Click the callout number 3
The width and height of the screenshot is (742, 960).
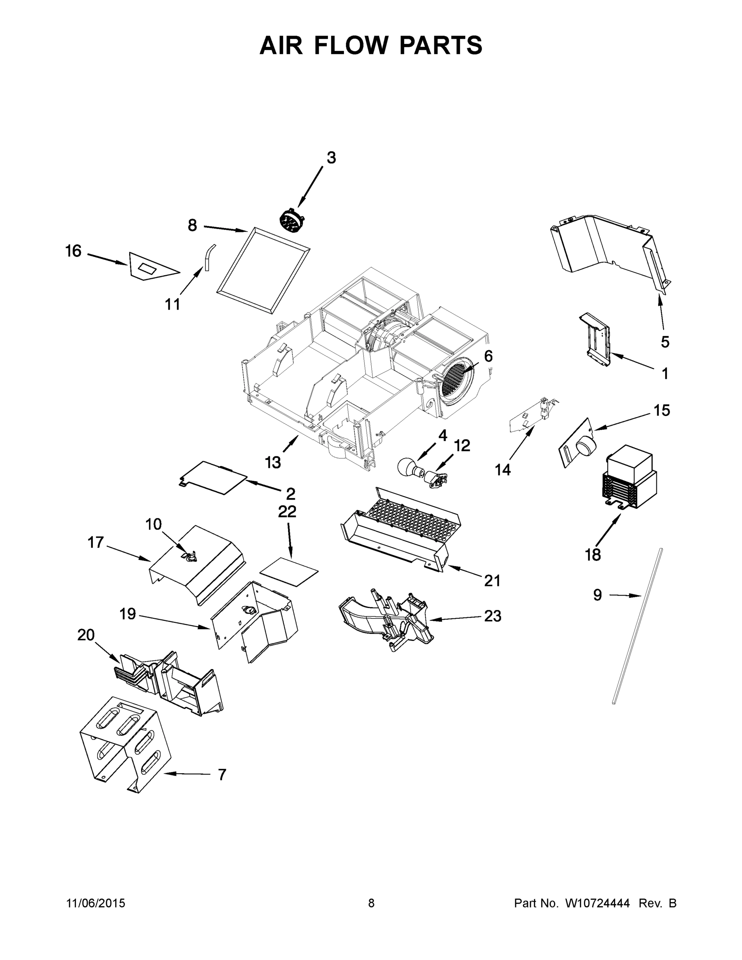click(331, 158)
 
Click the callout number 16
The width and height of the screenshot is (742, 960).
click(74, 252)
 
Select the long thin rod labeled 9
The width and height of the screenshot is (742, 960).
click(636, 626)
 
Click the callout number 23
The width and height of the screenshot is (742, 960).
click(492, 616)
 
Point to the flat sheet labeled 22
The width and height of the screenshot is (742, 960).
click(289, 572)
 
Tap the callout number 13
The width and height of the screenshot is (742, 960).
click(272, 462)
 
